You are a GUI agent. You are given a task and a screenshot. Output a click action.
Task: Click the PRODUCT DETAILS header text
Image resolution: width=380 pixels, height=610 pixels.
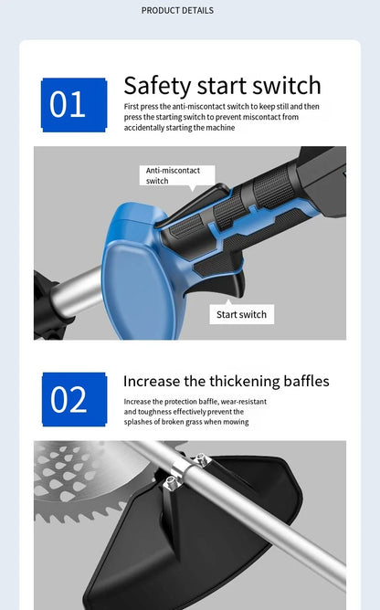177,11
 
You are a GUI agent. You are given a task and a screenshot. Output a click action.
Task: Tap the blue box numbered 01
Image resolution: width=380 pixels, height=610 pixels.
74,105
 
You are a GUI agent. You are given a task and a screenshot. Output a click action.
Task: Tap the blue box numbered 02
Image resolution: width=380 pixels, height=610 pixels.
74,399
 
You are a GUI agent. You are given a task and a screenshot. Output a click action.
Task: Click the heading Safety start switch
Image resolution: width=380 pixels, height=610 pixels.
222,86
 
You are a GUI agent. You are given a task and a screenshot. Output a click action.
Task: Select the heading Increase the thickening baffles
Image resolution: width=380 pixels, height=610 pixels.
227,382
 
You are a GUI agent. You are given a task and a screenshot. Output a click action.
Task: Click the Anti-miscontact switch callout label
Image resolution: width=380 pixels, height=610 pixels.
177,176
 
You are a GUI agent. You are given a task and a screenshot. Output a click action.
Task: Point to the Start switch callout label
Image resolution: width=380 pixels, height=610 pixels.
241,314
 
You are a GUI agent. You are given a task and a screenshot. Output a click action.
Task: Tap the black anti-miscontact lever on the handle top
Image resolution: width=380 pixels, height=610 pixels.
195,206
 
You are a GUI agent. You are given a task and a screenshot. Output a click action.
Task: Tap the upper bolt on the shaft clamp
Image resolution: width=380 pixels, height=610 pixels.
203,459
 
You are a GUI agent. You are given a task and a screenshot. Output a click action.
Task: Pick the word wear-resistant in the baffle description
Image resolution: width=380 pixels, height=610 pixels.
244,402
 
